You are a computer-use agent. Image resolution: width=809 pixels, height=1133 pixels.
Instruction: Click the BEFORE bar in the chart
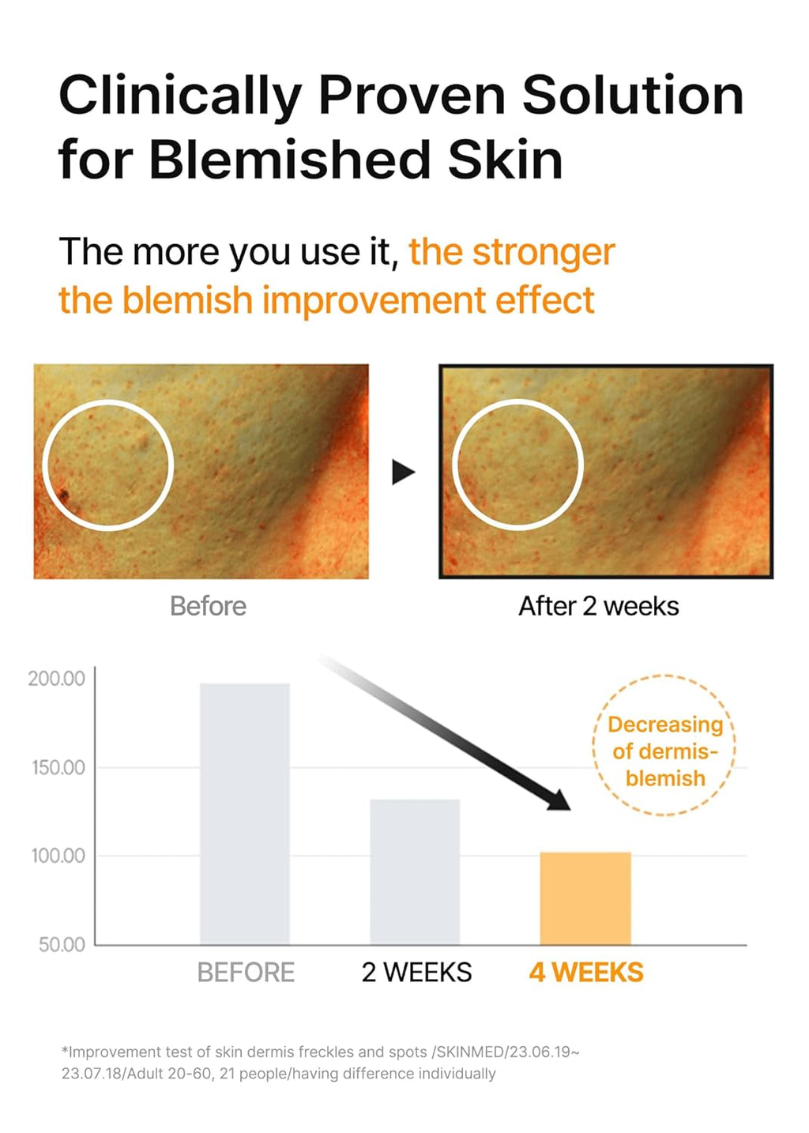[245, 814]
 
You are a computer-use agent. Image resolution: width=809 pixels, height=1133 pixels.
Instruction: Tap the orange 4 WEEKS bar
[585, 898]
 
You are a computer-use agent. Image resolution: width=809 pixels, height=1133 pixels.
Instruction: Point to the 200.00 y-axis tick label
[56, 679]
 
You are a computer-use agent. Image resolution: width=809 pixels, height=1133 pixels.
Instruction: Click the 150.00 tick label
[58, 767]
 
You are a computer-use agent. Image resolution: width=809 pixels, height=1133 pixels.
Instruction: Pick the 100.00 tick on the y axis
[58, 856]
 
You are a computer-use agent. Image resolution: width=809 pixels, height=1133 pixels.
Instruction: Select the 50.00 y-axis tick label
[61, 944]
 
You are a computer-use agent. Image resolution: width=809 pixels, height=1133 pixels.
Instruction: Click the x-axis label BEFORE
[246, 973]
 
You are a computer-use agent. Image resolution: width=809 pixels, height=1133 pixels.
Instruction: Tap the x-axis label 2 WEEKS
[416, 973]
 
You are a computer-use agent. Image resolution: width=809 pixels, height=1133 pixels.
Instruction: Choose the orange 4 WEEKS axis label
[586, 973]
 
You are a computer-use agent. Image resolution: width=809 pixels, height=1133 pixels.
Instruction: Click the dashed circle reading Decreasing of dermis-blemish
[664, 745]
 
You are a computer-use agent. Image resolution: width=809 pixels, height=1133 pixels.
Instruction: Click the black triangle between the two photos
[403, 472]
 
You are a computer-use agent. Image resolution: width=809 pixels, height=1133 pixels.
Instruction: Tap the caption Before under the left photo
[208, 606]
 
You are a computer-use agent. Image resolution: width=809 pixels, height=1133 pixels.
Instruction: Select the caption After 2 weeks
[598, 606]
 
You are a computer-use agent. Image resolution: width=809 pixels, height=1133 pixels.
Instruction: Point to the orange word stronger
[544, 253]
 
